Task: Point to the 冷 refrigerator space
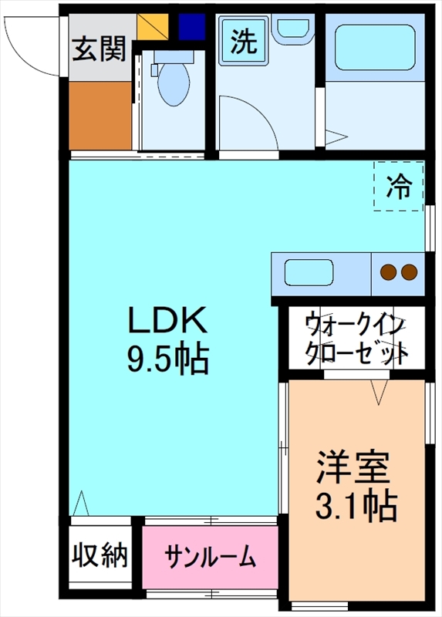coord(399,186)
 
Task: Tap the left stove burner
coord(388,271)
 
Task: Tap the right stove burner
coord(409,271)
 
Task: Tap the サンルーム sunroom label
coord(210,556)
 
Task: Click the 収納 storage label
coord(100,555)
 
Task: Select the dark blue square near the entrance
coord(189,25)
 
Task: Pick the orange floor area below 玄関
coord(100,115)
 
